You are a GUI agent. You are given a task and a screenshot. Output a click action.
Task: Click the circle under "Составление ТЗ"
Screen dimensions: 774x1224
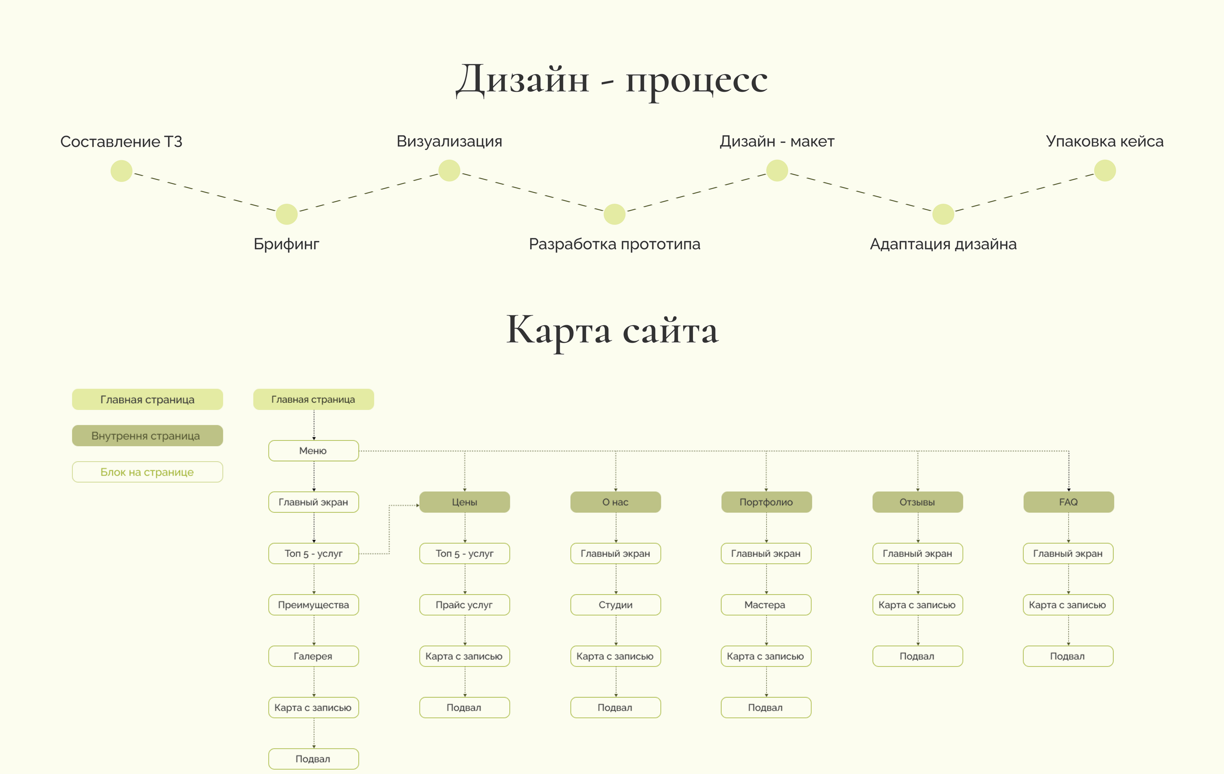pos(122,171)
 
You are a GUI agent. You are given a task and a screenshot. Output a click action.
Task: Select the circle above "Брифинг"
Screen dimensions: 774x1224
pos(287,214)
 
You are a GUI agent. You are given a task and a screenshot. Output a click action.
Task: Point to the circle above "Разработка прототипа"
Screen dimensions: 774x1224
pos(615,214)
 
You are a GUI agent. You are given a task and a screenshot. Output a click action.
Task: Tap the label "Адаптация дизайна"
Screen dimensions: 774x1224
pos(943,244)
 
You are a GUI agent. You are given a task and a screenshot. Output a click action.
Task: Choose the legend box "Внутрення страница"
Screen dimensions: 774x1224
pos(147,436)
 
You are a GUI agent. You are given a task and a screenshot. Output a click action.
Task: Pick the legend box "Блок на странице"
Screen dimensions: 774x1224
pos(147,472)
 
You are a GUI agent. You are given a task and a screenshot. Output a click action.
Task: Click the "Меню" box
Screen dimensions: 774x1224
pos(313,451)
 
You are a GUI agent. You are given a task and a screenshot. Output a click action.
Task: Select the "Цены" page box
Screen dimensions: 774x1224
pos(465,502)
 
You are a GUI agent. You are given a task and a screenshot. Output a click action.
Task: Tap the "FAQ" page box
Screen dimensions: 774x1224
pos(1068,502)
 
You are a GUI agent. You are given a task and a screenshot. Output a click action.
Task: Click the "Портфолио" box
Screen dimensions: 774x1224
pos(766,502)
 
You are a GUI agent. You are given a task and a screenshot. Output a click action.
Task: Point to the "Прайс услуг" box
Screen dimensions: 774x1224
pos(465,605)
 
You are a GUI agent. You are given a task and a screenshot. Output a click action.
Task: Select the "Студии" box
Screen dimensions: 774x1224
pos(615,605)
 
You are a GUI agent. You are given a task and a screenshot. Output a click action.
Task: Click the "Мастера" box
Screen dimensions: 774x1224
pos(765,605)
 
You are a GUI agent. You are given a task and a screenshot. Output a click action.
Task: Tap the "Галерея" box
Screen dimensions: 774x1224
pos(313,656)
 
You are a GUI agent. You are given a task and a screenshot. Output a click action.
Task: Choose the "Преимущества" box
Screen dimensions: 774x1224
pos(313,605)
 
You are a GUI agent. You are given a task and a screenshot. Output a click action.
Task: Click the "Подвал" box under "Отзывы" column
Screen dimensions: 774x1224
pos(918,656)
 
